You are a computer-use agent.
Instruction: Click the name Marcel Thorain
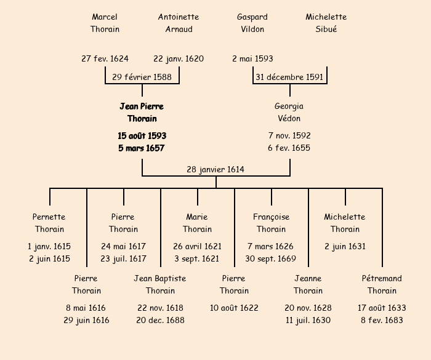(105, 23)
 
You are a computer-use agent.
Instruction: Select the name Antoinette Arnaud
(179, 23)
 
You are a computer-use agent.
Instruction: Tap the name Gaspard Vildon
(252, 23)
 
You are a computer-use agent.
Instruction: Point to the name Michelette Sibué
(326, 23)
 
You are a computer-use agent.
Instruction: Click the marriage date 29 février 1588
(142, 77)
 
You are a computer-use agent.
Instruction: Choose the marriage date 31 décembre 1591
(289, 77)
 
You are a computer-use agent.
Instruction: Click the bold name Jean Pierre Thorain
(142, 113)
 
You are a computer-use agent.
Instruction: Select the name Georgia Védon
(289, 113)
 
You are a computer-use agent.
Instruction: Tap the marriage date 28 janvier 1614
(216, 169)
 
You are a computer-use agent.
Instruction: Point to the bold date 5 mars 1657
(142, 148)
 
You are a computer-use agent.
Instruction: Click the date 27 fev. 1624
(105, 59)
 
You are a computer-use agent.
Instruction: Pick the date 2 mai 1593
(252, 59)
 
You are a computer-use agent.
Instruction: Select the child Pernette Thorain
(49, 223)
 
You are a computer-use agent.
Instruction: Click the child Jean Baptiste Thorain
(160, 284)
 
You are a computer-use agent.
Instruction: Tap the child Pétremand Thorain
(382, 284)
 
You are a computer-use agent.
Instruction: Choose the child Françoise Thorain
(271, 223)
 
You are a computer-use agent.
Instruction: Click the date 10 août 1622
(234, 308)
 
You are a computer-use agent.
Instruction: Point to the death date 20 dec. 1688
(160, 320)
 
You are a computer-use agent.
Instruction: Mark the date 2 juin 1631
(345, 246)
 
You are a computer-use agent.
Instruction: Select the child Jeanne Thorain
(308, 284)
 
